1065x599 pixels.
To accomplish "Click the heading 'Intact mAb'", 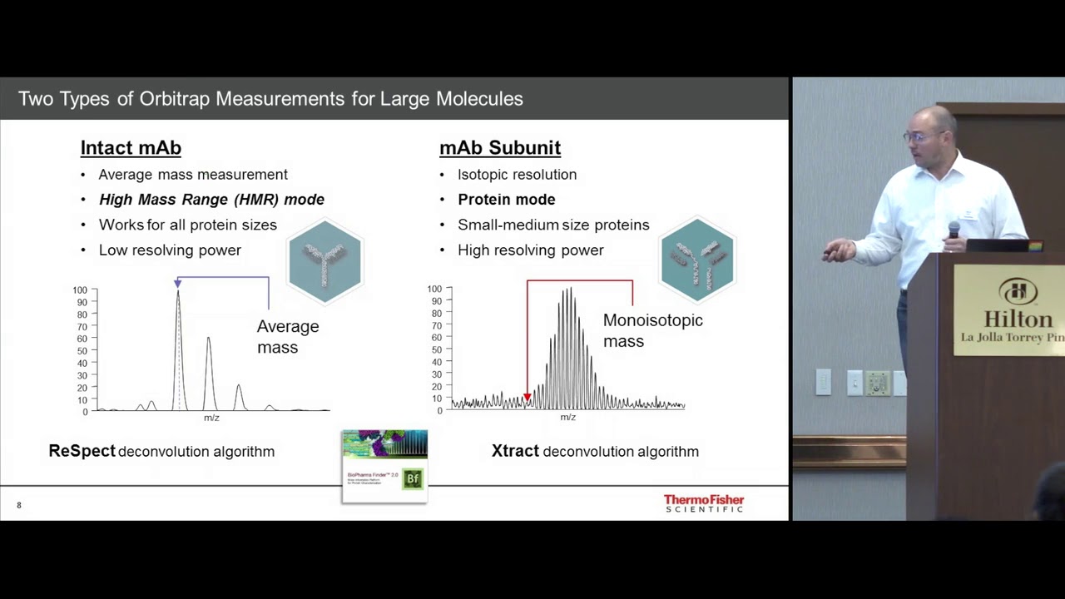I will tap(131, 148).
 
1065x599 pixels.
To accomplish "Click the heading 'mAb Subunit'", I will tap(500, 148).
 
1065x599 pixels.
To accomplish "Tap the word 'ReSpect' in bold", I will tap(82, 451).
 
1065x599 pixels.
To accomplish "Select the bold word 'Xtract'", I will tap(515, 451).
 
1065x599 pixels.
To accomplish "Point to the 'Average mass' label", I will tap(287, 337).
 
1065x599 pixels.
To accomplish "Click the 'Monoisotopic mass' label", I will tap(652, 330).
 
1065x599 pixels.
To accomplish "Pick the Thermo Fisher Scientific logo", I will tap(704, 502).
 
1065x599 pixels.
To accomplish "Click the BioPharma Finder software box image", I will tap(384, 466).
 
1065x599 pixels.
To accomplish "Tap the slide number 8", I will tap(19, 505).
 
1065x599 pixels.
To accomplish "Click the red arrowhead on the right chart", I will tap(527, 398).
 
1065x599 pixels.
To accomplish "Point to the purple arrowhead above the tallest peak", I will tap(177, 284).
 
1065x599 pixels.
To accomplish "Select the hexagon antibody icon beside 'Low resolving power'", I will tap(324, 260).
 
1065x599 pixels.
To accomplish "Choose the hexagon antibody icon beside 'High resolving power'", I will tap(697, 260).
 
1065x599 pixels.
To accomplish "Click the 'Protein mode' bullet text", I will tap(506, 200).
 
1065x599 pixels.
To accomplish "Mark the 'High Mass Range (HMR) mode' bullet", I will tap(211, 200).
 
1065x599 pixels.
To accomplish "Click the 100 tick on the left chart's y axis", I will tap(80, 290).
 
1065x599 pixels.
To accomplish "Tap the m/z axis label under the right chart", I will tap(567, 418).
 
